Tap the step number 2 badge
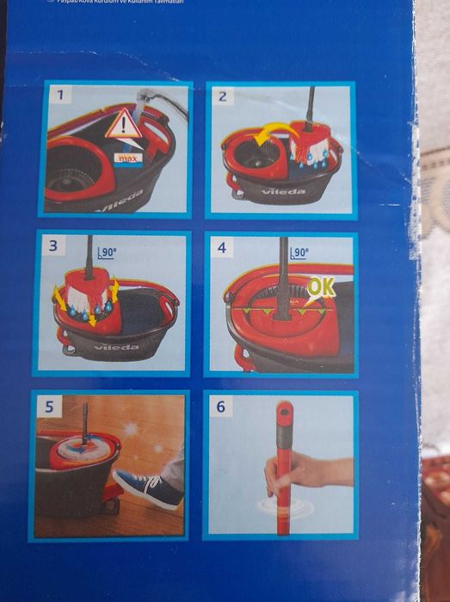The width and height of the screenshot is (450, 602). (x=223, y=96)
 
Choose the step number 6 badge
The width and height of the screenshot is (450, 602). (x=220, y=407)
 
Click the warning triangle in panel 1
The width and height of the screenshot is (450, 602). (x=124, y=126)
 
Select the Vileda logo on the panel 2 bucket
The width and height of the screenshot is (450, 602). (x=284, y=191)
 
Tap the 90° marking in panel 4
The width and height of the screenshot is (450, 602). (x=299, y=253)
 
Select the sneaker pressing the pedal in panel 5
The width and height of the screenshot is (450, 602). (x=148, y=488)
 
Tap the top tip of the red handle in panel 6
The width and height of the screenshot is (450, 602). (x=283, y=406)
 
